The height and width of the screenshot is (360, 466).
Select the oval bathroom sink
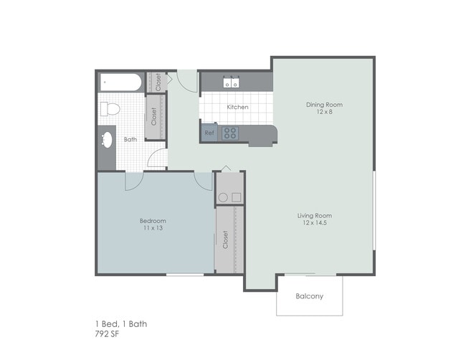point(106,139)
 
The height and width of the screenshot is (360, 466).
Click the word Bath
point(130,140)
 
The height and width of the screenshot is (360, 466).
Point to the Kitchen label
point(237,108)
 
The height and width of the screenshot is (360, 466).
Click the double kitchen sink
point(231,82)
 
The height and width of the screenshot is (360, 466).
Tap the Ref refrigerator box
point(209,133)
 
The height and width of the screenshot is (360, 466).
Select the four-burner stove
point(230,133)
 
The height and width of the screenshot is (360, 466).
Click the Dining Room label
point(324,105)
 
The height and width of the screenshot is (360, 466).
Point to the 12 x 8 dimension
point(324,113)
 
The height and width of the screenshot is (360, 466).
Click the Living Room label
point(315,215)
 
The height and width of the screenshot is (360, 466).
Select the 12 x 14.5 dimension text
point(315,223)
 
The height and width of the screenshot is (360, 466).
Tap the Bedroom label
point(153,220)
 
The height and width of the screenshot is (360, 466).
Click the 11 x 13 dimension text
point(153,228)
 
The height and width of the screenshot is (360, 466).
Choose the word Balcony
point(309,296)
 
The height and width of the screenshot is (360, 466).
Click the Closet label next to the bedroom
point(226,240)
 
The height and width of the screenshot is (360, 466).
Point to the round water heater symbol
point(223,197)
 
